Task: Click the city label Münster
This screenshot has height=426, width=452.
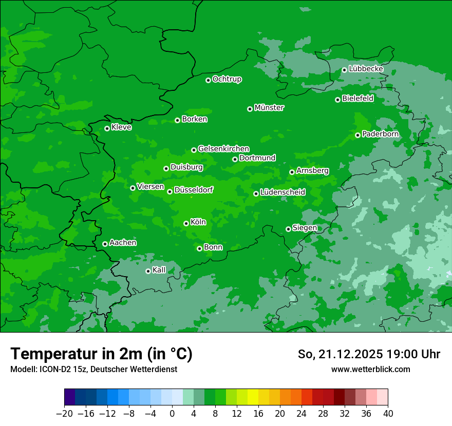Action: (269, 108)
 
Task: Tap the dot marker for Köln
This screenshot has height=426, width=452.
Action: (186, 223)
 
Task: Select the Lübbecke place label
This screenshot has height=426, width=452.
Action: (366, 69)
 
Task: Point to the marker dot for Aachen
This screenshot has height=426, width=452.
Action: (105, 244)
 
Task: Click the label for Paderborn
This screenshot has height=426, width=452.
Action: (380, 134)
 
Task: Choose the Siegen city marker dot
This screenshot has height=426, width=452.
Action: (288, 229)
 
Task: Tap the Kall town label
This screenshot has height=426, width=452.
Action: (159, 270)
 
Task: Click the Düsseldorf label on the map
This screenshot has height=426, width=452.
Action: (193, 190)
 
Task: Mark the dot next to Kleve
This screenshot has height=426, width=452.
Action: (107, 128)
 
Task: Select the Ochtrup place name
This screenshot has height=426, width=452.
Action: (227, 79)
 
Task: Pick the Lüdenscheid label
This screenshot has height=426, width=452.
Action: (282, 192)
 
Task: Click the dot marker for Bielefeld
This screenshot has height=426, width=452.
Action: (337, 100)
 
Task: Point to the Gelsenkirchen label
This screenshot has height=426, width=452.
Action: (223, 149)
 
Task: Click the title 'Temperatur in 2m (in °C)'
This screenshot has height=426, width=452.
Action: (102, 354)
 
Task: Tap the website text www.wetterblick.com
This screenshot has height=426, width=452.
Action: (370, 370)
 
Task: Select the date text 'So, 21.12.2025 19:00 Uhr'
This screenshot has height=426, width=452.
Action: (369, 354)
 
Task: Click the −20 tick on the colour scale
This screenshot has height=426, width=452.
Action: (64, 414)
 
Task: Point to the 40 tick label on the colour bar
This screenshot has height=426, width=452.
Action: (388, 414)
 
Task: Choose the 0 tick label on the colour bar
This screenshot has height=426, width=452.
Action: (172, 414)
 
